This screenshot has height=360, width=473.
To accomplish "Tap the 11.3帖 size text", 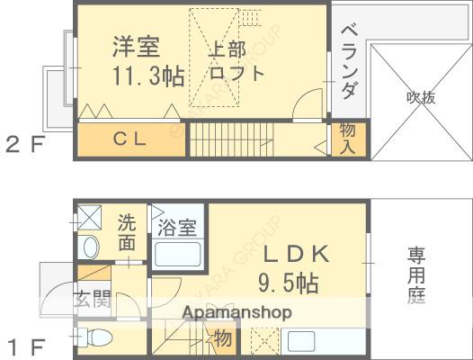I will pos(148,76).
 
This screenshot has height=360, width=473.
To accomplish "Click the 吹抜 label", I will pos(420,97).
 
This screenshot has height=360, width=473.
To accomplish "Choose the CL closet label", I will pos(129,139).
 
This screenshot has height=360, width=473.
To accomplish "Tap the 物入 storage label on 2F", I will pos(347,138).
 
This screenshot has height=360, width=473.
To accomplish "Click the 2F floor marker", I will pos(25,143).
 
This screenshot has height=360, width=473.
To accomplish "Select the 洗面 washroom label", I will pos(128,231).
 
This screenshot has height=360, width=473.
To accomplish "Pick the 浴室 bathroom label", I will pos(176,227).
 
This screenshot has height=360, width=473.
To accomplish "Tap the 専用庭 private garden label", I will pos(416,274).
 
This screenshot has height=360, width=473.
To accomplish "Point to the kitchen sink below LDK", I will pos(300,342).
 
